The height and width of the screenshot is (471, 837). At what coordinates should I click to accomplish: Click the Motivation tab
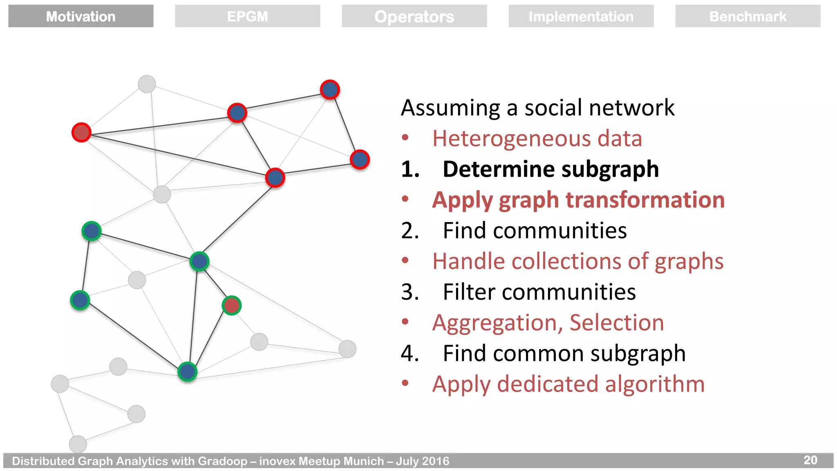coord(81,16)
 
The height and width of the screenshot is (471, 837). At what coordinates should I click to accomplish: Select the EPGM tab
coord(248,16)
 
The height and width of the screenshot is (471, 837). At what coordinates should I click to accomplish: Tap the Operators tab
coord(414,16)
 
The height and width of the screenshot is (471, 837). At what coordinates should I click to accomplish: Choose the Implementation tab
coord(581,16)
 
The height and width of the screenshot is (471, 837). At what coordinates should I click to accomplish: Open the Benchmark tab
coord(747,16)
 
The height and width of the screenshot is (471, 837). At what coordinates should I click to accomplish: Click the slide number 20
coord(810,460)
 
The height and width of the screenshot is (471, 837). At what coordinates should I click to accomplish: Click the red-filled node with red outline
coord(81,132)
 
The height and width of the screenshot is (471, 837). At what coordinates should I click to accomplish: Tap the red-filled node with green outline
coord(232,305)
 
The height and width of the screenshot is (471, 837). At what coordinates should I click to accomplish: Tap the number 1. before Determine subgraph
coord(410,169)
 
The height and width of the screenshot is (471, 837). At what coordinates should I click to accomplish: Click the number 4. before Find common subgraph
coord(410,353)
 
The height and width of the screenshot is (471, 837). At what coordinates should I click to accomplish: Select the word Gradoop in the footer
coord(223,461)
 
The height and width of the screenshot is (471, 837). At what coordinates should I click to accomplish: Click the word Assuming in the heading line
coord(450,108)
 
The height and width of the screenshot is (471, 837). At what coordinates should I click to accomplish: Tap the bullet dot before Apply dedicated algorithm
coord(405,383)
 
